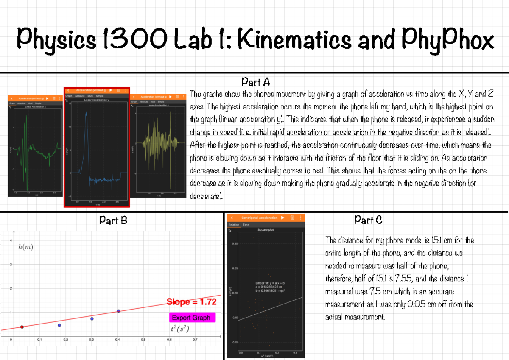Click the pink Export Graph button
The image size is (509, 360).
193,318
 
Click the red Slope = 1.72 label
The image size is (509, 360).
191,302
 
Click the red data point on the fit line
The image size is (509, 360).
22,327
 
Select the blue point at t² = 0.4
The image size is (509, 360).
119,311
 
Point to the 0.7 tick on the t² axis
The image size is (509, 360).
195,340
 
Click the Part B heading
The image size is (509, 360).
113,220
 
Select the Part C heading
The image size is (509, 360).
368,220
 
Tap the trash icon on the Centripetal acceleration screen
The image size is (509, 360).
292,218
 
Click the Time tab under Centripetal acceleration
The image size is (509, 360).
246,225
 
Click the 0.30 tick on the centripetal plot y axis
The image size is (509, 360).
235,244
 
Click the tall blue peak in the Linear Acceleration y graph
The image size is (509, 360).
86,114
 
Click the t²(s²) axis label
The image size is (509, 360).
179,330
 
